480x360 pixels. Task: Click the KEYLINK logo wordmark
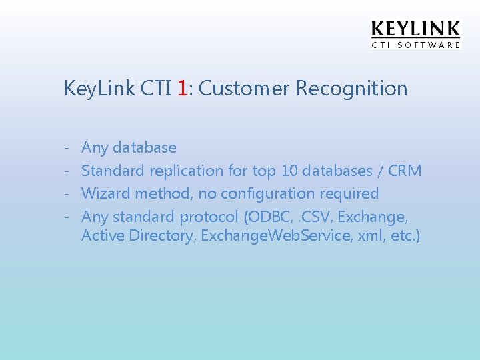(x=415, y=29)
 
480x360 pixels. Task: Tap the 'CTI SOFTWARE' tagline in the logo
(x=415, y=45)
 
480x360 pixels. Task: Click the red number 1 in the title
(x=183, y=88)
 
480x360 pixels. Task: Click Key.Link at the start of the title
(x=99, y=89)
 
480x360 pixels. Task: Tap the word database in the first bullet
(x=145, y=147)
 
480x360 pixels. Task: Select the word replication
(x=186, y=171)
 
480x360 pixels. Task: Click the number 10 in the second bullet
(x=289, y=171)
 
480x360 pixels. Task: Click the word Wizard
(x=106, y=194)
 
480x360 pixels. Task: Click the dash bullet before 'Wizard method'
(x=68, y=194)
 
